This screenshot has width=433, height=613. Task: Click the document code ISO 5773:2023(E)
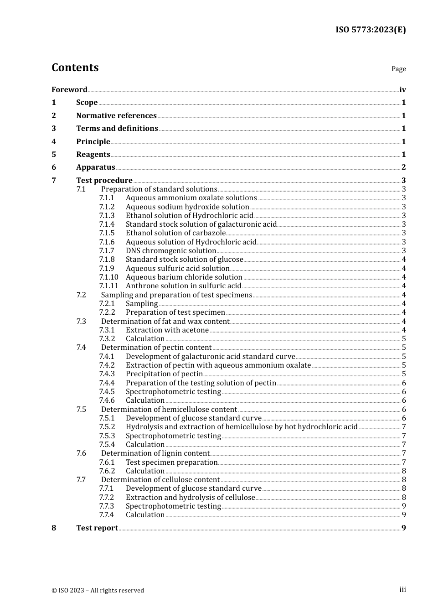[371, 30]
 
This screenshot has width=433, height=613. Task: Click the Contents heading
[75, 68]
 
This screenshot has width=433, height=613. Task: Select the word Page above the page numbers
[398, 69]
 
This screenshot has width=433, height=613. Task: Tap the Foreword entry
[69, 89]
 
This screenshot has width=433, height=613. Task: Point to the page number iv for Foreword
[402, 90]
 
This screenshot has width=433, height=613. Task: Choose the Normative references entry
[116, 115]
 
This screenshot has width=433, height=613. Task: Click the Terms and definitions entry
[117, 129]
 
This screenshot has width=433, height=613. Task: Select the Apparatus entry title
[96, 167]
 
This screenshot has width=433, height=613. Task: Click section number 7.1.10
[108, 277]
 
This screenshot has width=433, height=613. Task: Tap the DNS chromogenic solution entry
[171, 251]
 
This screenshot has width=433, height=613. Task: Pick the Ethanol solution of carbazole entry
[175, 233]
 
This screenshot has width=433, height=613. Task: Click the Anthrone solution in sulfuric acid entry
[184, 286]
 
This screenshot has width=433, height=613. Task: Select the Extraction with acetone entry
[167, 330]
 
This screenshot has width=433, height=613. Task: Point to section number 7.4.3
[107, 374]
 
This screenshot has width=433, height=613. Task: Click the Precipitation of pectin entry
[164, 374]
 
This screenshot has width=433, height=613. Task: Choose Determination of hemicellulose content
[169, 410]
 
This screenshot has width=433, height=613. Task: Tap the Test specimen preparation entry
[172, 462]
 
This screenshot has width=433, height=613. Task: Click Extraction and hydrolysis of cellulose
[190, 498]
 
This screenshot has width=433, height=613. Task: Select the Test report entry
[97, 528]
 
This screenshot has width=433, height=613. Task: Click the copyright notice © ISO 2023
[98, 590]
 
